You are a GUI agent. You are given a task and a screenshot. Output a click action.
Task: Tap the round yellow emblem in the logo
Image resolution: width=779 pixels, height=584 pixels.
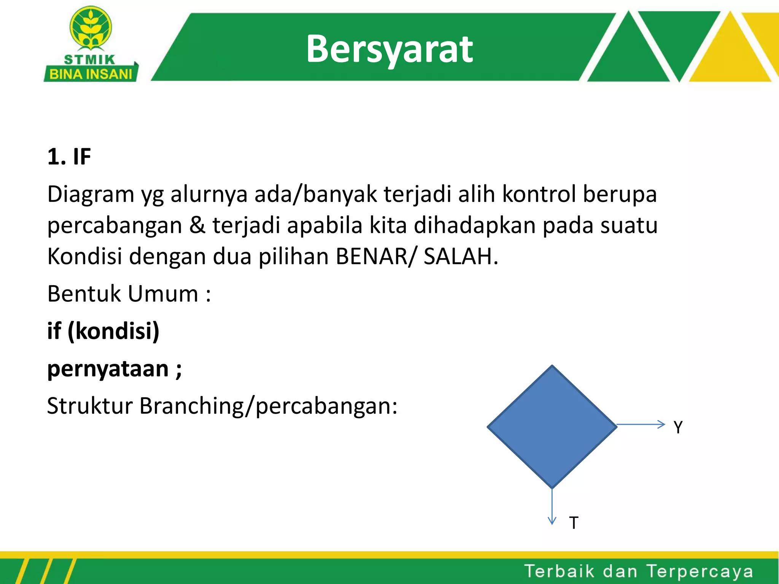coord(91,28)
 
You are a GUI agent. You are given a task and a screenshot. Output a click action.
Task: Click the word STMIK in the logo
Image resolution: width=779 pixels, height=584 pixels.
coord(90,60)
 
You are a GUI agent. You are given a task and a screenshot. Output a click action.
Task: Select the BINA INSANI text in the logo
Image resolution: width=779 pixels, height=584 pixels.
coord(91,74)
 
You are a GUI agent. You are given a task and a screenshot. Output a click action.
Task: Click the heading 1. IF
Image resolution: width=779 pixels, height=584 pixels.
coord(69,157)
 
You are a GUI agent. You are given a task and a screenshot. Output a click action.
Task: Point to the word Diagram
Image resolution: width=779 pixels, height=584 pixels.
coord(91,195)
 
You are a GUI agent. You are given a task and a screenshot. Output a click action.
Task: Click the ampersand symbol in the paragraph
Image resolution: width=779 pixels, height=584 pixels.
coord(197,225)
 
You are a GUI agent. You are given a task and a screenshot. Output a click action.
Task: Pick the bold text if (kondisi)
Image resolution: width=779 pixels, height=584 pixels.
coord(103,331)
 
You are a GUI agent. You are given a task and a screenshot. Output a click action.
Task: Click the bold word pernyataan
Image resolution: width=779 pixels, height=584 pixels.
coord(108,369)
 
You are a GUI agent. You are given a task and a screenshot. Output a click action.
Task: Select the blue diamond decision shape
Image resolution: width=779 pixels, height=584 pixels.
coord(552,427)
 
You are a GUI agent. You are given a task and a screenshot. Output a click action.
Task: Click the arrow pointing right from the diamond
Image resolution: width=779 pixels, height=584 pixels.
coord(641,424)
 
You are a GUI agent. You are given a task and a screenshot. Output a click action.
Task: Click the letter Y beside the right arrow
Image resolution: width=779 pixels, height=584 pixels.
coord(678,427)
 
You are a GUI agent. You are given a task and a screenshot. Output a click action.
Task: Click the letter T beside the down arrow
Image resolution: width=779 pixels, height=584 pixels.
coord(574,523)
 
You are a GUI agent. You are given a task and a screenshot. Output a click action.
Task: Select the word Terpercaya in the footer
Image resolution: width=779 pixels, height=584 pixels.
coord(700,571)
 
